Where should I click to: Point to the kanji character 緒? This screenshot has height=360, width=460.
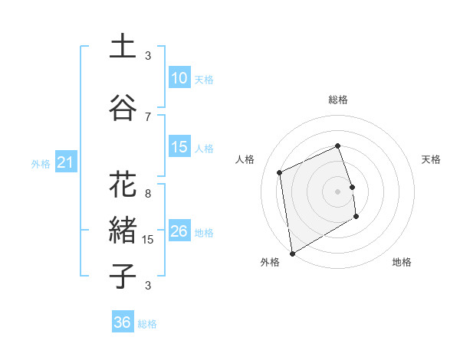tap(123, 231)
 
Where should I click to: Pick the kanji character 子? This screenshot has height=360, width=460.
tap(123, 277)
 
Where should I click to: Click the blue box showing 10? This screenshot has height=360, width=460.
tap(179, 78)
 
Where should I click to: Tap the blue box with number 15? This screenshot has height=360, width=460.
tap(179, 148)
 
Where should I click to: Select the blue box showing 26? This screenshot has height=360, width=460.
tap(179, 231)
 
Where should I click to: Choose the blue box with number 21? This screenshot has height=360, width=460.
tap(65, 162)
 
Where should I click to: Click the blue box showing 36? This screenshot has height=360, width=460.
tap(123, 322)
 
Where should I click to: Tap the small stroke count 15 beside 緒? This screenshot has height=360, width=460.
tap(149, 240)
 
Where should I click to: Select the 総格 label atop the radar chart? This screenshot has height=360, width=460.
tap(338, 100)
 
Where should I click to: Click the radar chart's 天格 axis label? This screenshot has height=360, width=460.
tap(431, 159)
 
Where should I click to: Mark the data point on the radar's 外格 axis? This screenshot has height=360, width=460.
tap(292, 253)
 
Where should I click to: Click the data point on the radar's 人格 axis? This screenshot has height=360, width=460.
tap(280, 172)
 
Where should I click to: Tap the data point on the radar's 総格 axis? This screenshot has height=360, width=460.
tap(338, 146)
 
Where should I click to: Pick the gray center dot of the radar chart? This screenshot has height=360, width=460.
tap(338, 191)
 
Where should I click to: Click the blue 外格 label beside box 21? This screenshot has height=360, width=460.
tap(41, 163)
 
